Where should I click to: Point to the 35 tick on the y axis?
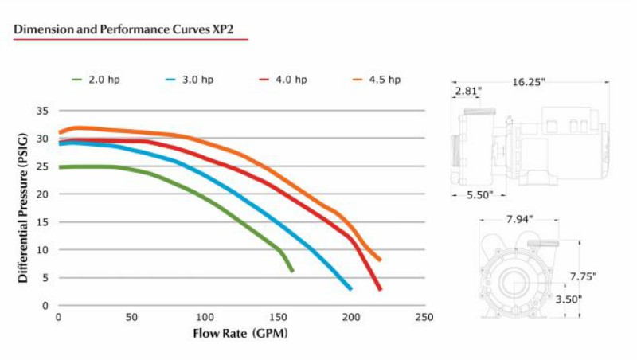tap(43, 111)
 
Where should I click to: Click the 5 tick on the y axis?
tap(46, 278)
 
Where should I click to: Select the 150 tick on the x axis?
tap(278, 317)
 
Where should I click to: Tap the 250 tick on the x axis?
tap(424, 317)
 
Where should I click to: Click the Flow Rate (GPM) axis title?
tap(240, 332)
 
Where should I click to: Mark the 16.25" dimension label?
tap(529, 82)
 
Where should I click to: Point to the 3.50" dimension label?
tap(569, 299)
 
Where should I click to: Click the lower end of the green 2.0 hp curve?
tap(292, 272)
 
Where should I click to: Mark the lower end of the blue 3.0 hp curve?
tap(350, 289)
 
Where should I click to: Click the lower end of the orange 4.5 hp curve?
tap(380, 260)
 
